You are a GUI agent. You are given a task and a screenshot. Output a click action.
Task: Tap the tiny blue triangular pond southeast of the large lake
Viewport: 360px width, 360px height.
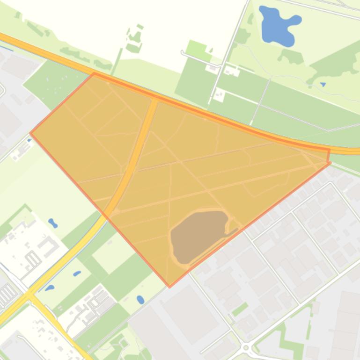[323, 85]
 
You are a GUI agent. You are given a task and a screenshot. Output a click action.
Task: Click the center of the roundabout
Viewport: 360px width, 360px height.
[246, 348]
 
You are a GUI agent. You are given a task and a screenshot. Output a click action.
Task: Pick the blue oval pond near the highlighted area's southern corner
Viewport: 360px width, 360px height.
[140, 299]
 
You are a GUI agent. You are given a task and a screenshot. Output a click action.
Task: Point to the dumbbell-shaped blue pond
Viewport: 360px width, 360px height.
[53, 223]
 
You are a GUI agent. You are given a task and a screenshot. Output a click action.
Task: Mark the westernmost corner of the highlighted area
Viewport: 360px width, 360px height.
[31, 133]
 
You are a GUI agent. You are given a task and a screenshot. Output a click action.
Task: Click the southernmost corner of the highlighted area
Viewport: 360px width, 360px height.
[169, 286]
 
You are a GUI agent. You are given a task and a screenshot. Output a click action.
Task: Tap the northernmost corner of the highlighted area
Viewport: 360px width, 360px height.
[94, 73]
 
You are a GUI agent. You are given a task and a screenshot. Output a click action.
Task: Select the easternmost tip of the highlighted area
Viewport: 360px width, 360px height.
[331, 162]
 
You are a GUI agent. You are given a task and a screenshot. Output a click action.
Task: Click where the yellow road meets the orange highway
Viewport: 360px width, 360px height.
[155, 99]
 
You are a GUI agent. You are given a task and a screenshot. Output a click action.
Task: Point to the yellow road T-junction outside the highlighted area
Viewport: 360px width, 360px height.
[29, 295]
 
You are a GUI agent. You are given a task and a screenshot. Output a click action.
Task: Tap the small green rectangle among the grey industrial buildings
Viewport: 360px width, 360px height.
[240, 309]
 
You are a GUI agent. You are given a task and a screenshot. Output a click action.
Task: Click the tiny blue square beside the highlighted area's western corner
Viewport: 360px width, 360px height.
[29, 127]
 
